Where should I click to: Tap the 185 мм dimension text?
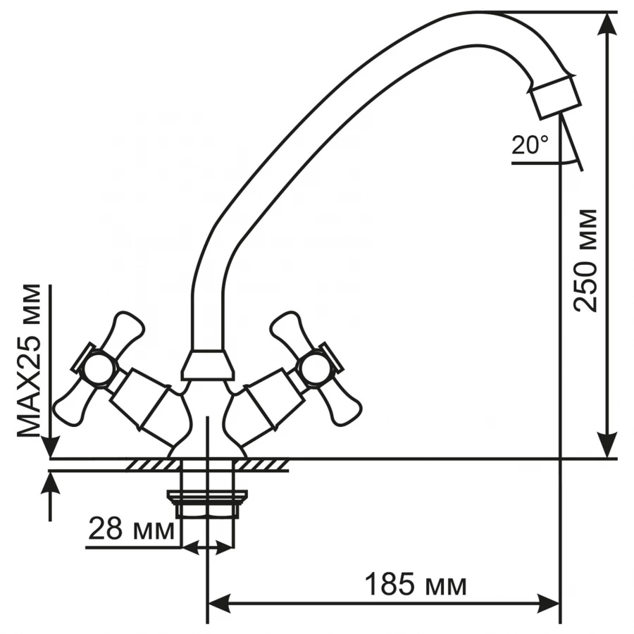coord(416,584)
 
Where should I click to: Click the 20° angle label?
coord(530,145)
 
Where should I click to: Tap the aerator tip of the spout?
coord(554,98)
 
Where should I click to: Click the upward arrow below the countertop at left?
coord(50,483)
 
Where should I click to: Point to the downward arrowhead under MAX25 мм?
coord(50,447)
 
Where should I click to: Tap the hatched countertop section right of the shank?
coord(265,465)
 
